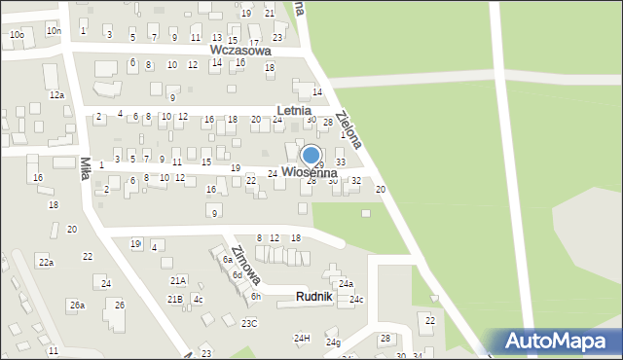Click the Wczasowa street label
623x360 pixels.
(x=239, y=49)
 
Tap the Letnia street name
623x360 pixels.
(x=293, y=111)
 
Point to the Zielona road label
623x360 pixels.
(x=348, y=129)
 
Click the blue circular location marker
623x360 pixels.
(x=311, y=156)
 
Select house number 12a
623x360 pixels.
(x=57, y=94)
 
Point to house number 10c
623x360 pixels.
(x=17, y=34)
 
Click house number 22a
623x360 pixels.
(x=46, y=263)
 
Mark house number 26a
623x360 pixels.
(x=77, y=306)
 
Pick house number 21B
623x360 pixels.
(x=174, y=299)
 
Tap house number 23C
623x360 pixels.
(x=250, y=323)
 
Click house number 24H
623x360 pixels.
(x=302, y=338)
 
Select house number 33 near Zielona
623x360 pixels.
(x=340, y=162)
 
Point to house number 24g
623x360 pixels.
(x=333, y=342)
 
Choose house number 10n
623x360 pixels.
(x=53, y=31)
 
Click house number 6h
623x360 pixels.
(x=256, y=296)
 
